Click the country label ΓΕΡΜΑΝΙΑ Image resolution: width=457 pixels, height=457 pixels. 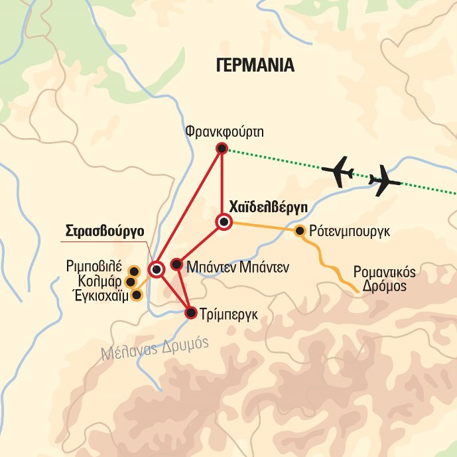[255, 66]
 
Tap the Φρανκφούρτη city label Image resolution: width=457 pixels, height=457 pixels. [225, 131]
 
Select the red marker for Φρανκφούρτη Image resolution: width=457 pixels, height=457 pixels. [222, 148]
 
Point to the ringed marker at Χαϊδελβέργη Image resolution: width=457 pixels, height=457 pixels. [224, 222]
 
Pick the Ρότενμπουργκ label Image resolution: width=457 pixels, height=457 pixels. [348, 231]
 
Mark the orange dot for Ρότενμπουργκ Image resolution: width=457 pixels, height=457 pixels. [300, 231]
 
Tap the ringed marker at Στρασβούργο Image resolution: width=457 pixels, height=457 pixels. [157, 269]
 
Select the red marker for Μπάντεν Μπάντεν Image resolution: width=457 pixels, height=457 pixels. [176, 264]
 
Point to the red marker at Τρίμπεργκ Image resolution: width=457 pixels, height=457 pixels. [190, 313]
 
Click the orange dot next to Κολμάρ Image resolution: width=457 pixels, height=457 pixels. [131, 283]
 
